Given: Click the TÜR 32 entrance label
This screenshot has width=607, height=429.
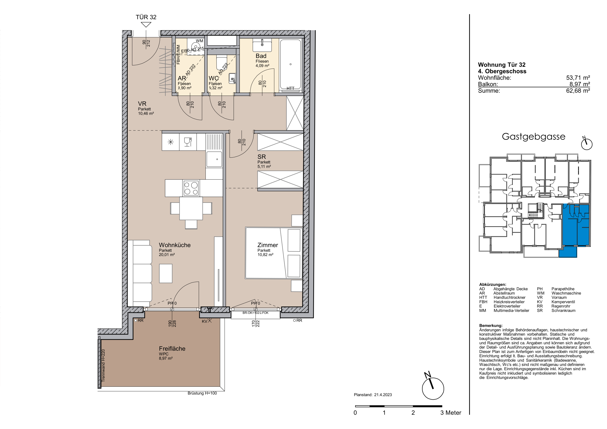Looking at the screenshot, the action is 146,17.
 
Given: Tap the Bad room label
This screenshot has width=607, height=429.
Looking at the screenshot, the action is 261,56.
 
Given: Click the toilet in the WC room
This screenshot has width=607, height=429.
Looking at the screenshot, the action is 221,63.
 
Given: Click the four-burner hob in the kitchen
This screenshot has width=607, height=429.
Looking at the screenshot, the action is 191,188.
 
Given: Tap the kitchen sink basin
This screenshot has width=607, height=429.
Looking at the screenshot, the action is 214,159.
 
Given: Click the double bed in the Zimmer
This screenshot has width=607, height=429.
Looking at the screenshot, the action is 274,253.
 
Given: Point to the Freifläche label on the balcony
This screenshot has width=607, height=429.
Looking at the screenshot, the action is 172,349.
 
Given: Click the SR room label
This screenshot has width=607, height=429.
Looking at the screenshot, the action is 262,157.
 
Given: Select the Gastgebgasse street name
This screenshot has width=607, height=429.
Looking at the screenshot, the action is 533,137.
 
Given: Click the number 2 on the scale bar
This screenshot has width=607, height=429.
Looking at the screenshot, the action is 413,413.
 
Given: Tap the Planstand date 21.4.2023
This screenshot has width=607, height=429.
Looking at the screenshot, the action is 383,395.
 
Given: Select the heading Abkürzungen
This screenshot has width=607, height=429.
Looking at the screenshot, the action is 493,284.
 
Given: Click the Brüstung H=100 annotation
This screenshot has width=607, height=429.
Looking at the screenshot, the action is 202,393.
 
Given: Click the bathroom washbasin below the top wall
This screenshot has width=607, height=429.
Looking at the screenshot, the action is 262,45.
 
